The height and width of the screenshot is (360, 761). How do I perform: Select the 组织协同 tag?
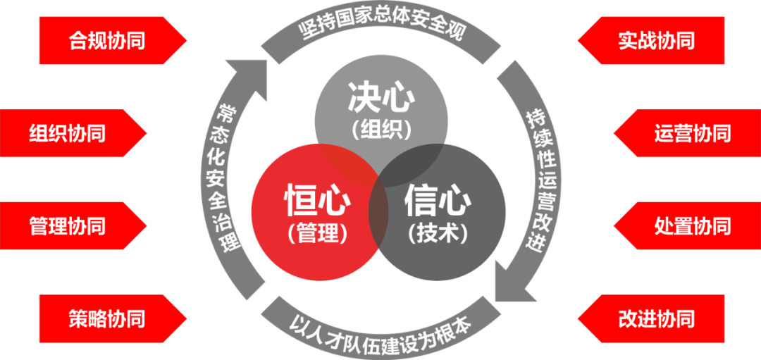[x=68, y=133]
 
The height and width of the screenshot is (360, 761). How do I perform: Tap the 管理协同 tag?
[x=68, y=226]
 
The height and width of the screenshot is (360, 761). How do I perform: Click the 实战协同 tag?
[x=656, y=40]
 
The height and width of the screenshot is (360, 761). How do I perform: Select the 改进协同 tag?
[x=656, y=318]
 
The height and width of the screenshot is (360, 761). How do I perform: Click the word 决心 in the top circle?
[x=381, y=99]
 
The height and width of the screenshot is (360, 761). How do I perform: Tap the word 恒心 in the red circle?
[x=318, y=201]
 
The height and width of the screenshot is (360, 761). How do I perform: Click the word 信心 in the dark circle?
[x=438, y=201]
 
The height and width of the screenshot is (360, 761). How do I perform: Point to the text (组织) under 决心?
[x=381, y=129]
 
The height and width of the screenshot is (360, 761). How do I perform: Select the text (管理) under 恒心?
[x=318, y=232]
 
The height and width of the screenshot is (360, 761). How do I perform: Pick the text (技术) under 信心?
[x=438, y=232]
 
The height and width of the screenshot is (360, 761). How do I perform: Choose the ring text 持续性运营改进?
[x=540, y=180]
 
